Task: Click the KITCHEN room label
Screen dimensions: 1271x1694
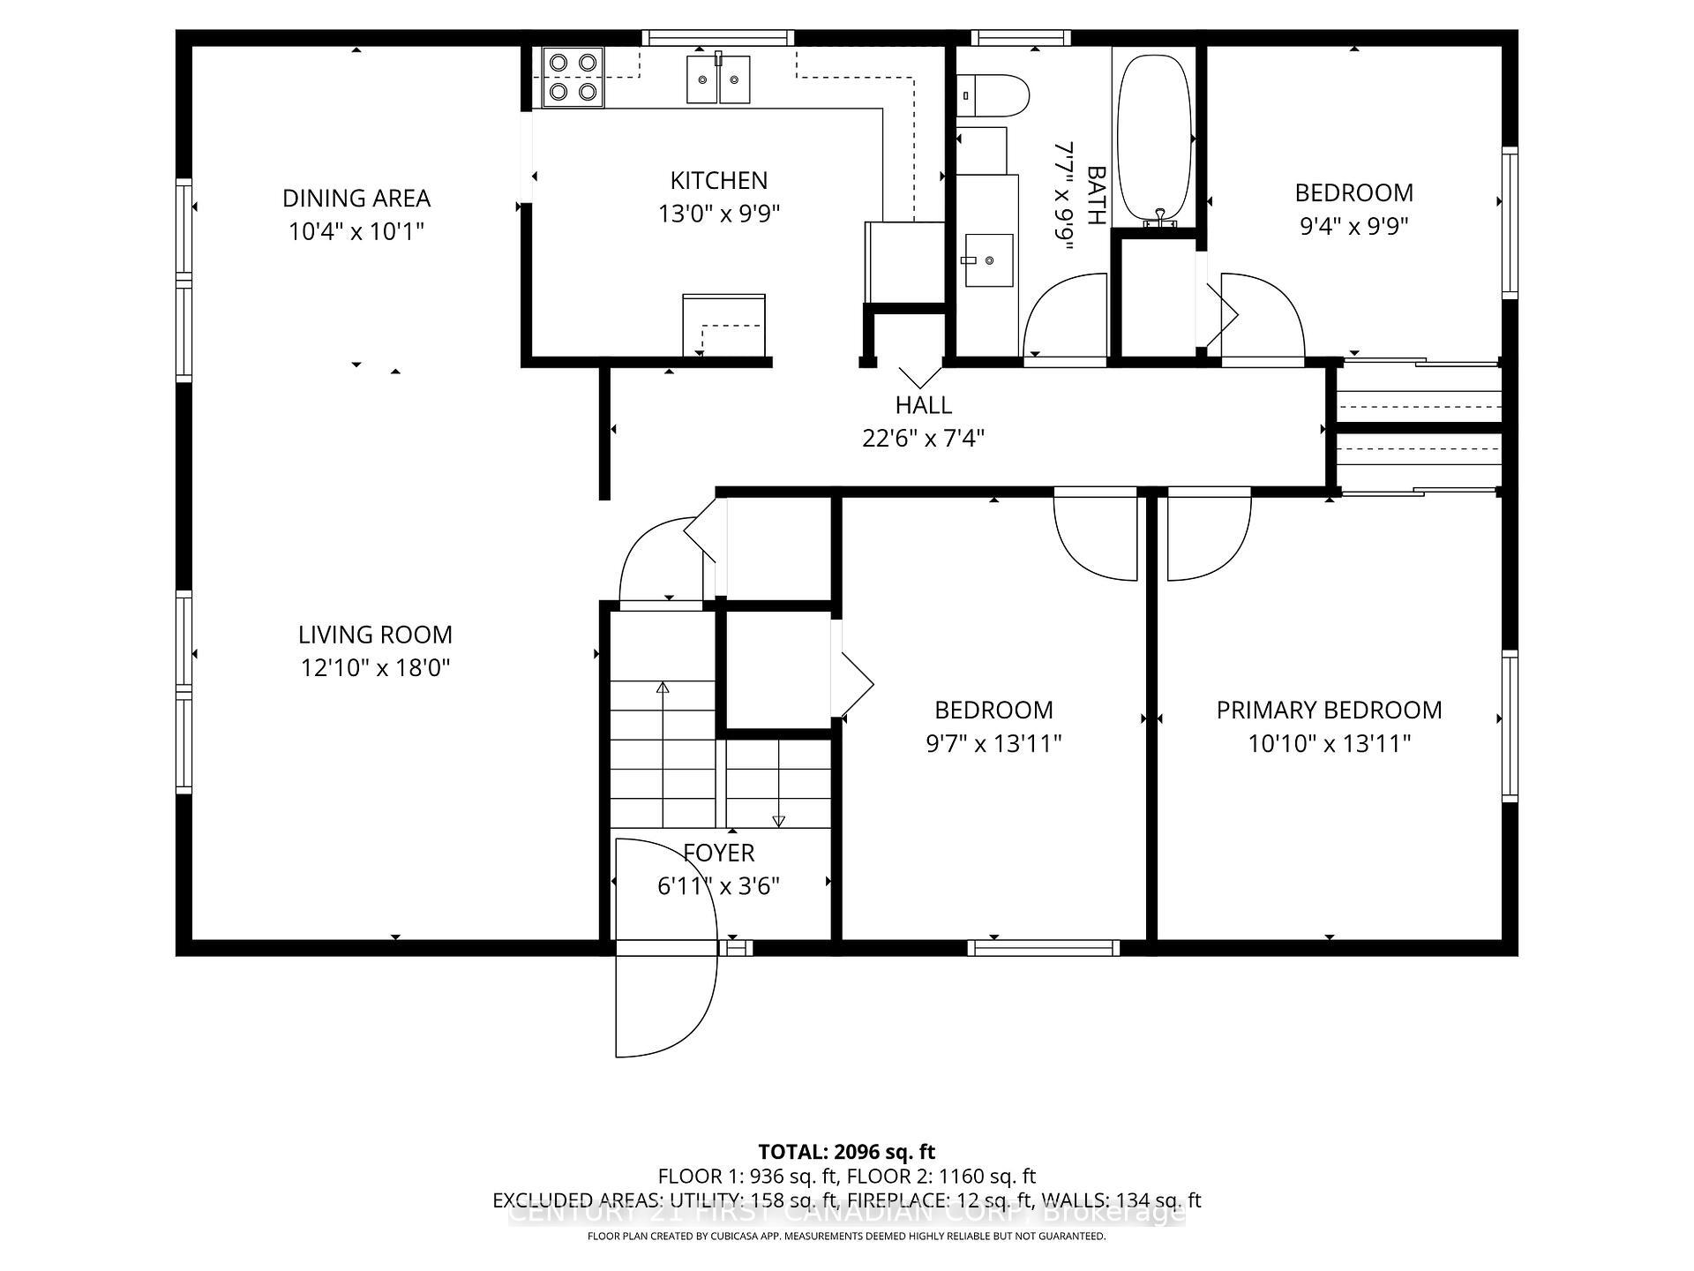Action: tap(718, 180)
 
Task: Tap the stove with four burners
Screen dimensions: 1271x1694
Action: tap(573, 77)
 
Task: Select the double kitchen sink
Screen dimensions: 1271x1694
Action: tap(718, 79)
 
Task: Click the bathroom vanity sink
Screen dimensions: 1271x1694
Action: tap(988, 259)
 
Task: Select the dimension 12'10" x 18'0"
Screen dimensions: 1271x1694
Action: tap(375, 668)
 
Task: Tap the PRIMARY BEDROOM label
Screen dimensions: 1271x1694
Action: tap(1329, 710)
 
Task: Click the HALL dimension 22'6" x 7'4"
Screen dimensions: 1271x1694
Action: tap(923, 438)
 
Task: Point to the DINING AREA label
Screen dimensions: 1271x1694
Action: tap(356, 198)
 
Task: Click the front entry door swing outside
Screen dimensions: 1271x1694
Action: tap(666, 1002)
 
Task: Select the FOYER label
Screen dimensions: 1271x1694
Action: tap(718, 853)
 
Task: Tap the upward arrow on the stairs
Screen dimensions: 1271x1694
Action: tap(663, 687)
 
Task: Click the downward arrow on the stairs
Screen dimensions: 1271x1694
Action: tap(778, 821)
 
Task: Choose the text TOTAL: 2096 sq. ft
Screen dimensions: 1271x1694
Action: tap(846, 1151)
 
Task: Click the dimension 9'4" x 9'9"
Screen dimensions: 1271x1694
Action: tap(1353, 226)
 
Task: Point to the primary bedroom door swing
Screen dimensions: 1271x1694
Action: tap(1209, 538)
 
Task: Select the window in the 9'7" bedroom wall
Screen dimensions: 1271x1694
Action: tap(1043, 948)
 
